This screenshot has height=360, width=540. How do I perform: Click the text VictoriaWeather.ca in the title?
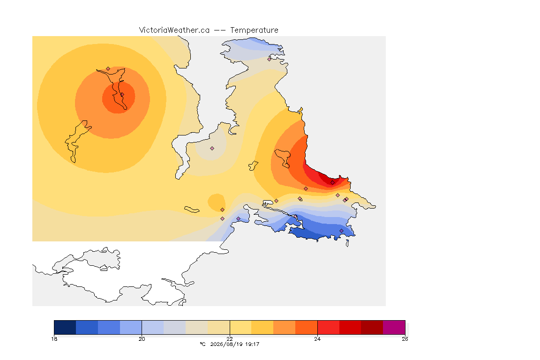tap(174, 30)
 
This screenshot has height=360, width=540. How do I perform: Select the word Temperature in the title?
tap(254, 30)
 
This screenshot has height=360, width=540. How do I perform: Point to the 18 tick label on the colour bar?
tap(54, 339)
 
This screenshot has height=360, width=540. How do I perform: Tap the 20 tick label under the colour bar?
tap(142, 339)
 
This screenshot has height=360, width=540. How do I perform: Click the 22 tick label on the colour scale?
tap(230, 339)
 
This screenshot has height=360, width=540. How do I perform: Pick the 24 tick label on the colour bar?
tap(317, 339)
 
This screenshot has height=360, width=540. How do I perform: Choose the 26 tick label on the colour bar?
tap(405, 339)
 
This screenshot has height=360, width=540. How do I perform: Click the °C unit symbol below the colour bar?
tap(202, 344)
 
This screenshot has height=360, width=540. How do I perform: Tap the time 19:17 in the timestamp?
tap(253, 344)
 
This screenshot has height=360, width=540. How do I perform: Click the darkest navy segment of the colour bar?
tap(65, 327)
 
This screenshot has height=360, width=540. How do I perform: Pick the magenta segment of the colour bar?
tap(394, 327)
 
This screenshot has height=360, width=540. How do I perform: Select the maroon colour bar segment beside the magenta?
tap(372, 327)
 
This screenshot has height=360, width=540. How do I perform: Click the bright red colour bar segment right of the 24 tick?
tap(328, 327)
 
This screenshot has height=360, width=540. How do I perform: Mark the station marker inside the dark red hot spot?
tap(332, 183)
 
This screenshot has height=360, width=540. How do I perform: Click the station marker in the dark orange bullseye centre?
tap(122, 95)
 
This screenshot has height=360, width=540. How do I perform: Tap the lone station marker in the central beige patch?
tap(212, 149)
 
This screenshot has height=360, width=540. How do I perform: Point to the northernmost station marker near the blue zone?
tap(270, 59)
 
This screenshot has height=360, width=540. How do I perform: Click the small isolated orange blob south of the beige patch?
tap(216, 202)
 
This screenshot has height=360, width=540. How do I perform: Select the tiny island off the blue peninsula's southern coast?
tap(347, 243)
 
